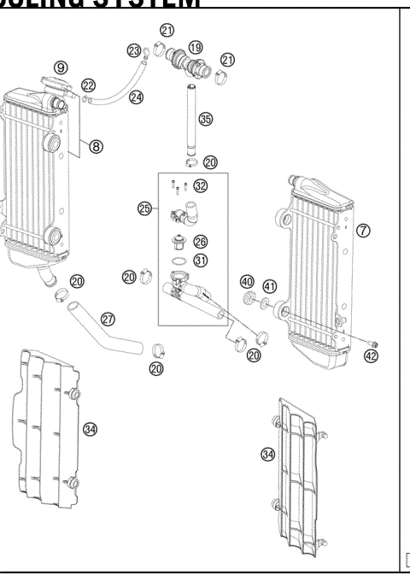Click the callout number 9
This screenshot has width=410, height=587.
tap(61, 67)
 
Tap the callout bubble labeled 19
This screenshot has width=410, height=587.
tap(196, 47)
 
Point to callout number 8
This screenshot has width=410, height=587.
tap(97, 146)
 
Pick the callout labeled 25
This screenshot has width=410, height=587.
tap(144, 207)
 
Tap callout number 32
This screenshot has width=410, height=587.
tap(200, 185)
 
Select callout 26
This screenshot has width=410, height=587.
tap(200, 242)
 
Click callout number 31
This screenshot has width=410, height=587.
tap(200, 261)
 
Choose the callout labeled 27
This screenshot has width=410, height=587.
tap(108, 318)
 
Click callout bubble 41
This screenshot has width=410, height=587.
tap(270, 286)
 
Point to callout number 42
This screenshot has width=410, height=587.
tap(370, 356)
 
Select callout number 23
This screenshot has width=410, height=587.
tap(133, 51)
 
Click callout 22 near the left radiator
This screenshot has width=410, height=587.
tap(88, 84)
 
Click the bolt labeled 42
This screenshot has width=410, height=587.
tap(372, 344)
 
